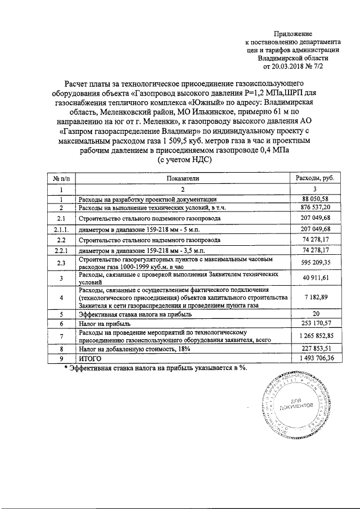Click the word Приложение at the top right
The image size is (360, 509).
pos(308,34)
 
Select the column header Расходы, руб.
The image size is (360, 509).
pos(314,178)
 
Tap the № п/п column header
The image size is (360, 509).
pos(60,178)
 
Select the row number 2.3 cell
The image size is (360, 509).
pos(60,263)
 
